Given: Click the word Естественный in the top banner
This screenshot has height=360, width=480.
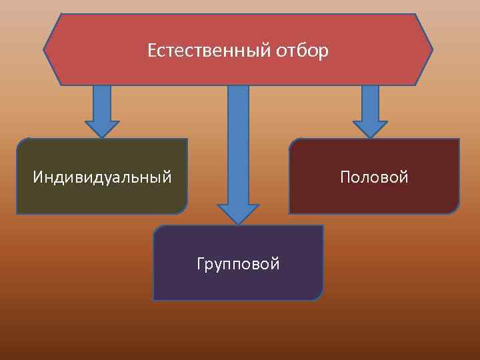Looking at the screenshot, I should point(207,51).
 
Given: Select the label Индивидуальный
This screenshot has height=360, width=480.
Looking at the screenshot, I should point(102,177).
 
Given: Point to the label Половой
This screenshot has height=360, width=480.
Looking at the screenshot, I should point(373,177).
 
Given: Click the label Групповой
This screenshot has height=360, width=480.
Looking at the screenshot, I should point(238,264).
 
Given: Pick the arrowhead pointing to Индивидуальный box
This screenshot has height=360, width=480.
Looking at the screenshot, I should point(102,129).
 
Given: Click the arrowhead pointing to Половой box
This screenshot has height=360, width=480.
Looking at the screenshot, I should point(370,129).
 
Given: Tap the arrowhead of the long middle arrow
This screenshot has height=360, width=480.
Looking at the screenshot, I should point(238,213).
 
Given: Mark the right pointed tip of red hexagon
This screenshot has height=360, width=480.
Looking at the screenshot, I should point(431,49).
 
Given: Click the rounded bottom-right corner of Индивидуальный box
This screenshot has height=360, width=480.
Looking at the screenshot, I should point(181,209).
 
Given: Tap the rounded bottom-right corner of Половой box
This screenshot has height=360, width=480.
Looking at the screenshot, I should point(454,209).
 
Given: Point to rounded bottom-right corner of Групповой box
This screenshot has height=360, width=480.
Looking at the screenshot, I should point(317,295).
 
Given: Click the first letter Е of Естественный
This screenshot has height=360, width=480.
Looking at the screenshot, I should point(152,51).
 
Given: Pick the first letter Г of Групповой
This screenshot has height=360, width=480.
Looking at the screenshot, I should point(201,264).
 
